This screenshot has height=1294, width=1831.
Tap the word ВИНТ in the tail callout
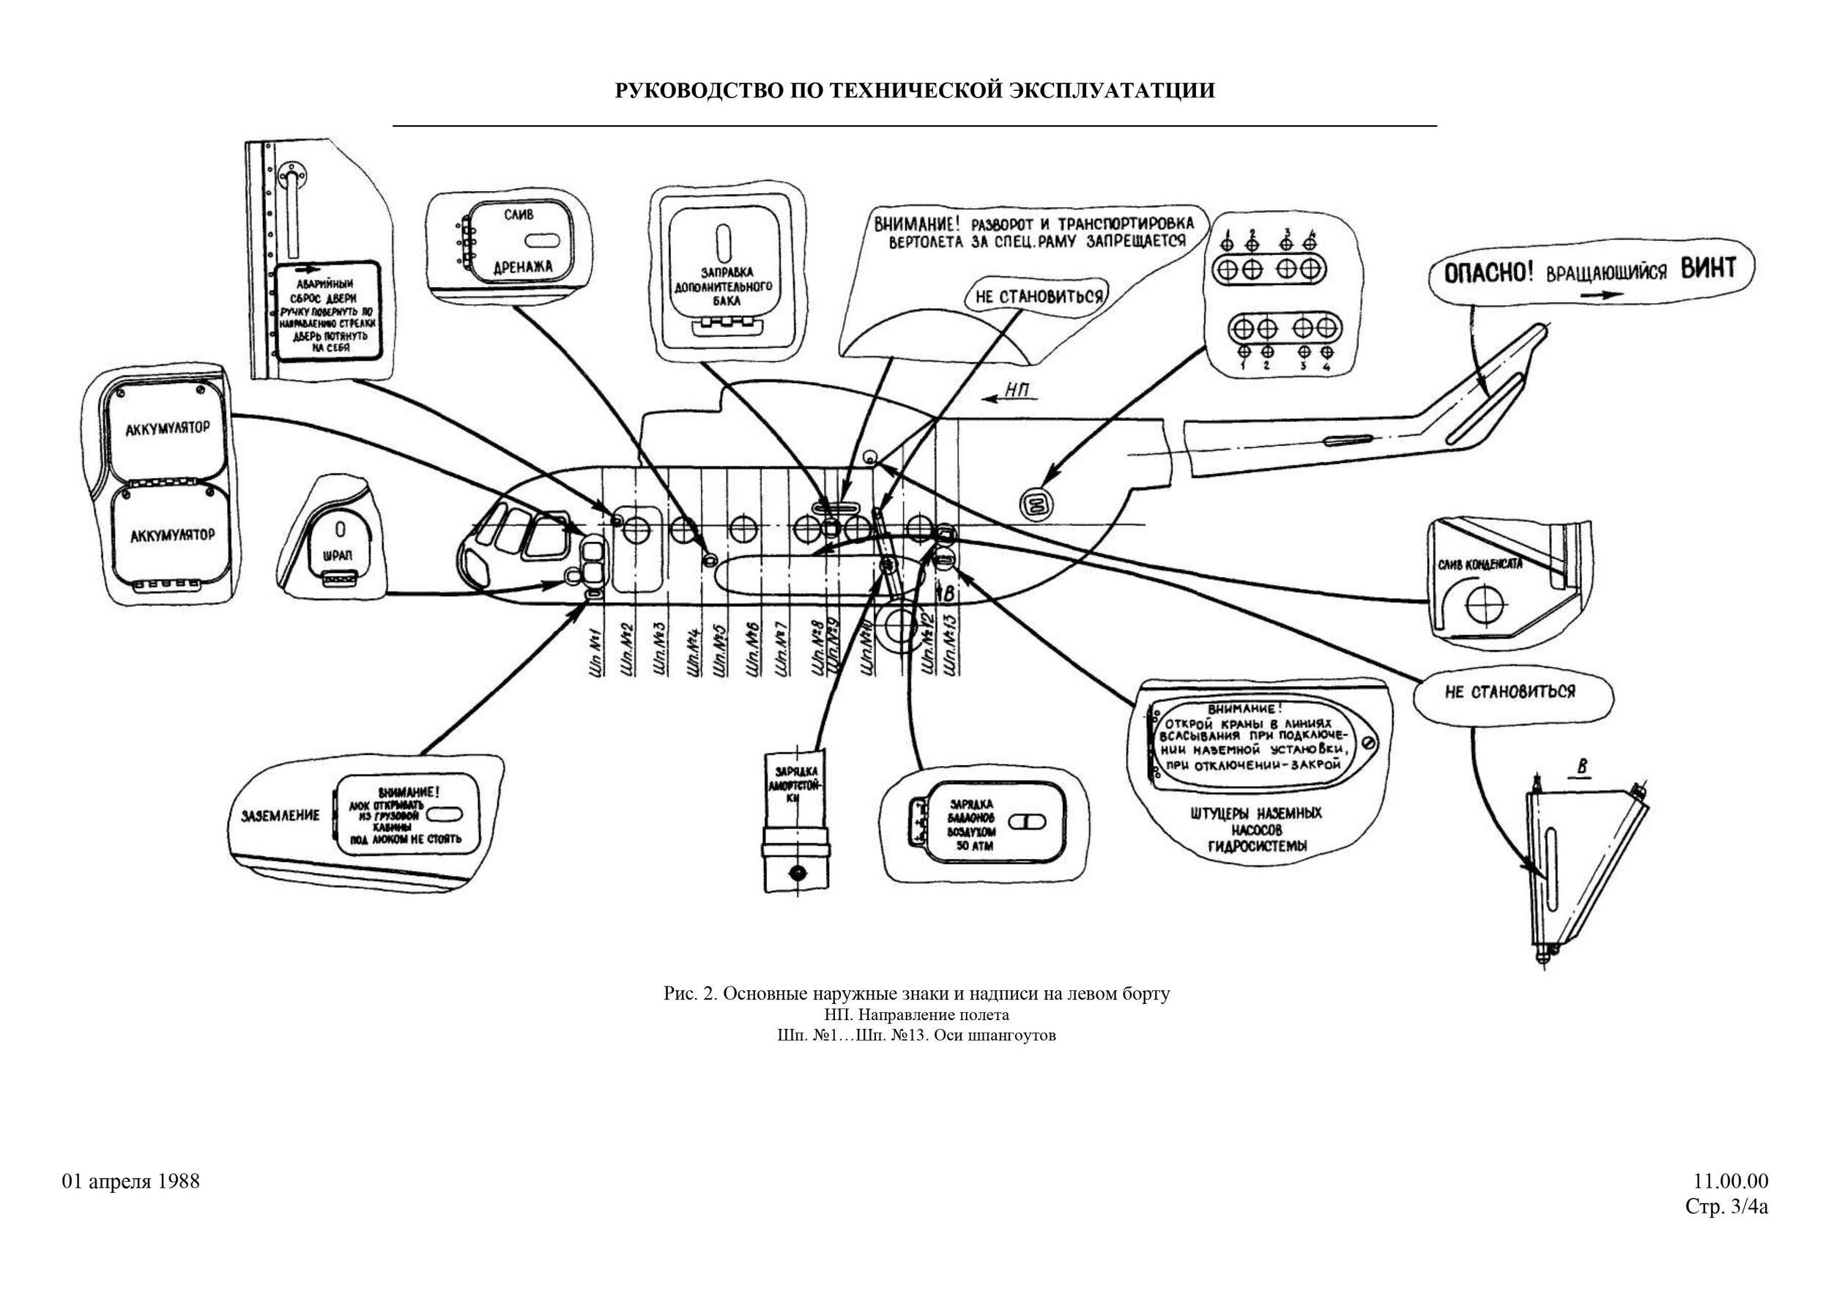pos(1708,269)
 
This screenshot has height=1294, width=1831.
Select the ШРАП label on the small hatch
pos(339,555)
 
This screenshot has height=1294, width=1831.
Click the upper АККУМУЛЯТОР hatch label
pos(168,429)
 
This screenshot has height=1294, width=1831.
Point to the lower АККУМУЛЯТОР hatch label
pos(172,535)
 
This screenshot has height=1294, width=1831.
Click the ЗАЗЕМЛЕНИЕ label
pos(280,815)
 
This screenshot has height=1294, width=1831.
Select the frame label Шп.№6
pos(752,650)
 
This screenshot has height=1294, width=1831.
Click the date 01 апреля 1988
pos(131,1180)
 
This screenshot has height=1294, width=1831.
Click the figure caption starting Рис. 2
pos(916,994)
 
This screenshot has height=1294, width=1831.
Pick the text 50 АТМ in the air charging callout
pos(975,846)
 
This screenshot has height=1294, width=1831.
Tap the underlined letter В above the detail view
pos(1583,767)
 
